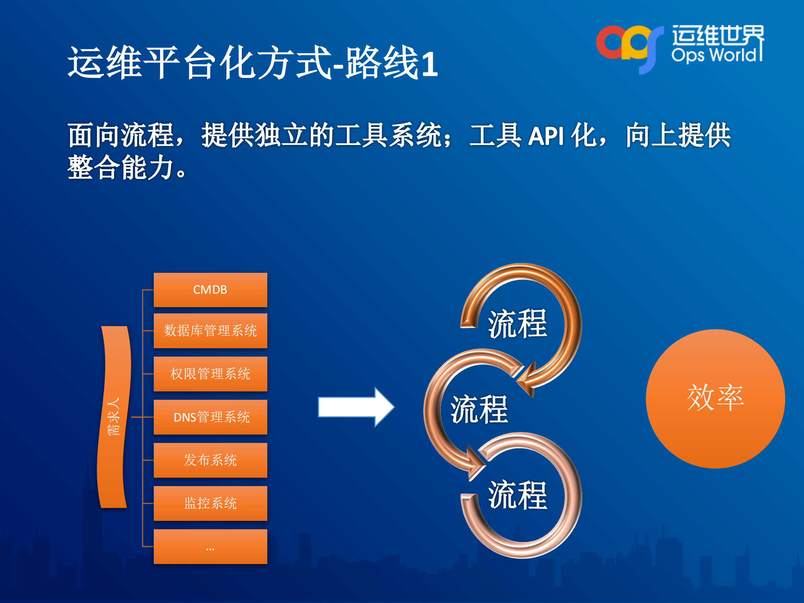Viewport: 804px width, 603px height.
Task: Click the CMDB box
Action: pyautogui.click(x=210, y=290)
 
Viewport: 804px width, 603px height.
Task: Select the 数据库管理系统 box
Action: pyautogui.click(x=210, y=331)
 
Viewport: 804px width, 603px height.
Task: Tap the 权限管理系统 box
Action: pyautogui.click(x=210, y=374)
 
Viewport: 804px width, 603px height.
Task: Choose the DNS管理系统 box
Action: pyautogui.click(x=210, y=417)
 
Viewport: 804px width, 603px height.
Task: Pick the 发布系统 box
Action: pyautogui.click(x=210, y=460)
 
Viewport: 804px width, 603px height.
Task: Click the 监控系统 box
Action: pyautogui.click(x=210, y=503)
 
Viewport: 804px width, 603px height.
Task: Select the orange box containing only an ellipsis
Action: pyautogui.click(x=210, y=546)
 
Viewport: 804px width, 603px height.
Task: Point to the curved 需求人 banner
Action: pyautogui.click(x=114, y=417)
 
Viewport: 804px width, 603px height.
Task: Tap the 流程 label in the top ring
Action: pyautogui.click(x=518, y=324)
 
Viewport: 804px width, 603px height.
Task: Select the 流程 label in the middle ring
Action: pyautogui.click(x=479, y=409)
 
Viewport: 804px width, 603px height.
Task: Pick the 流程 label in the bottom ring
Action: pyautogui.click(x=518, y=495)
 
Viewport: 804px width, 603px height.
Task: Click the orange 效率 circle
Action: pyautogui.click(x=715, y=399)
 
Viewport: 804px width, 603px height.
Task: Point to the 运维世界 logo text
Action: pyautogui.click(x=717, y=35)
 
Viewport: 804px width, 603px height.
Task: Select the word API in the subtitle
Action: pyautogui.click(x=545, y=136)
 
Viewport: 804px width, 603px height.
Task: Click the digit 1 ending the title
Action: pyautogui.click(x=429, y=64)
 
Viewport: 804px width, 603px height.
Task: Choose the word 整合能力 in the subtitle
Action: pyautogui.click(x=122, y=168)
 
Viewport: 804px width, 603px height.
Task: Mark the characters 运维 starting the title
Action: pyautogui.click(x=105, y=63)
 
